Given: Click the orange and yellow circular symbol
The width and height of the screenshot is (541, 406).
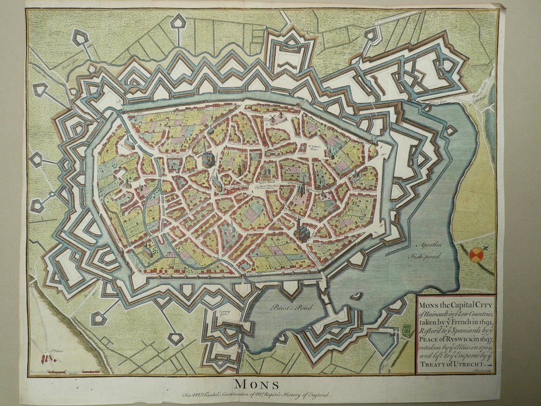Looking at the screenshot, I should click(x=477, y=255).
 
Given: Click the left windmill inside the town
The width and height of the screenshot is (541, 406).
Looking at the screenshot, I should click(x=271, y=117).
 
